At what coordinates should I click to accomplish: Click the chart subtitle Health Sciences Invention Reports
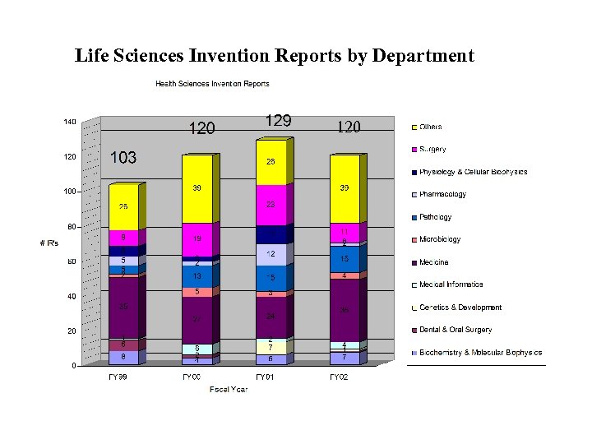tap(212, 84)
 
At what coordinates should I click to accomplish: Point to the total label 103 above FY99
tap(123, 158)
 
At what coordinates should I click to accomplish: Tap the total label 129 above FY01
tap(278, 121)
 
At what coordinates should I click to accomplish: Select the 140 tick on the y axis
tap(70, 122)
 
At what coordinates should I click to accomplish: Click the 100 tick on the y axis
tap(70, 192)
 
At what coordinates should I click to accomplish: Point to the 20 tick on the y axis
tap(72, 331)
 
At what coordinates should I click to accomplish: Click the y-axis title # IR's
tap(49, 243)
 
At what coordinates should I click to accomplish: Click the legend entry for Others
tap(430, 127)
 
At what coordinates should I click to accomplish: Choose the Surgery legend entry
tap(432, 150)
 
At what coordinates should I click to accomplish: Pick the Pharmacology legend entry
tap(442, 195)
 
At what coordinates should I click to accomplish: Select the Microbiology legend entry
tap(440, 240)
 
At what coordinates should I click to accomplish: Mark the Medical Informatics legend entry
tap(451, 284)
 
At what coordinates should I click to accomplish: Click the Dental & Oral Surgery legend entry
tap(455, 330)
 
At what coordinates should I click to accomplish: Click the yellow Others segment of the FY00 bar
tap(197, 189)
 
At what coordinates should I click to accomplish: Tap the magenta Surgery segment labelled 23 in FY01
tap(271, 205)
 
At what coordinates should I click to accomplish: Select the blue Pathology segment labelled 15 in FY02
tap(345, 259)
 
